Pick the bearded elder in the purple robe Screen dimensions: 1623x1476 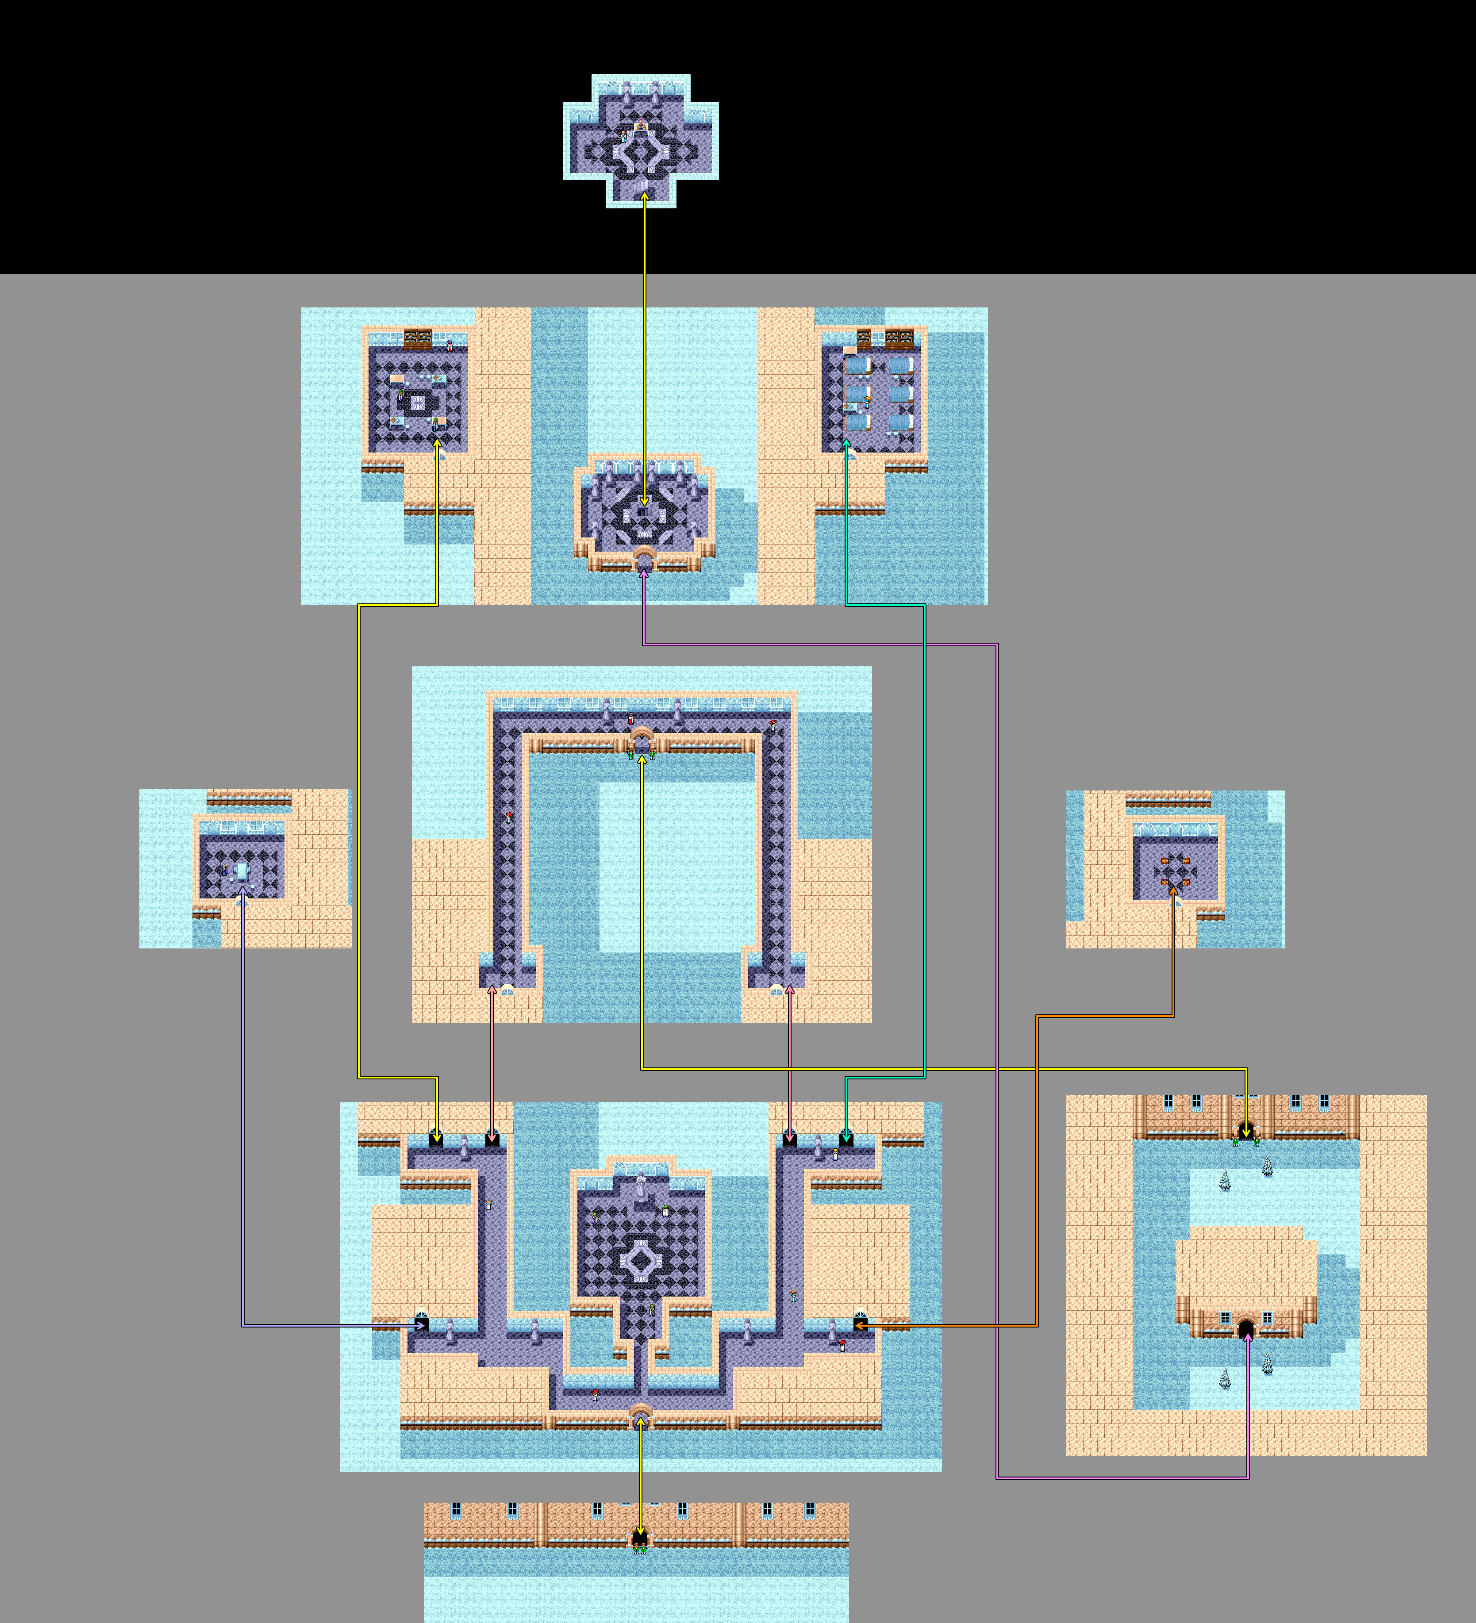point(224,870)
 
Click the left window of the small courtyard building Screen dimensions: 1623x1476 point(1225,1318)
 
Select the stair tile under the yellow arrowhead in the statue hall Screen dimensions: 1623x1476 point(643,510)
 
